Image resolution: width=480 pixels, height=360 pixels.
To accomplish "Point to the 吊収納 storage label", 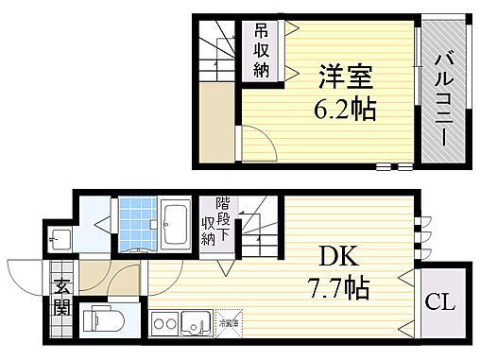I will coord(261,51).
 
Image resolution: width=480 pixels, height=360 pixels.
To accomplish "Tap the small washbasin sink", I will coord(60,239).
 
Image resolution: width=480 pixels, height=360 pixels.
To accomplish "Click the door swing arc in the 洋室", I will coord(258,145).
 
